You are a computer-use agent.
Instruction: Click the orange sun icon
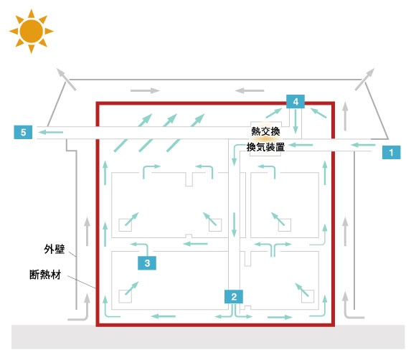[32, 31]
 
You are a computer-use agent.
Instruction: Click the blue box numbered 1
[391, 152]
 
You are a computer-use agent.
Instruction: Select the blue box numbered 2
[234, 297]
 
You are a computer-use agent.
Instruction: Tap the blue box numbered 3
[147, 263]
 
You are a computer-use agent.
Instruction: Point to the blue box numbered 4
[296, 101]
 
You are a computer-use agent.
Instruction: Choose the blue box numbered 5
[23, 132]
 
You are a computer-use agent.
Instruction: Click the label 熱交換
[265, 131]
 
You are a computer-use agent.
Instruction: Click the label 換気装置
[265, 147]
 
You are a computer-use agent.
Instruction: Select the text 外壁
[55, 249]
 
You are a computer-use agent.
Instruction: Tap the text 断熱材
[45, 275]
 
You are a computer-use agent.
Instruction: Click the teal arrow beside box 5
[50, 132]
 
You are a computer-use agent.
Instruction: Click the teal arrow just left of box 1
[363, 145]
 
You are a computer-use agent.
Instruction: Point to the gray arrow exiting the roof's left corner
[66, 79]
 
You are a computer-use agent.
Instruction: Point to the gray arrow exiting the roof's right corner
[365, 79]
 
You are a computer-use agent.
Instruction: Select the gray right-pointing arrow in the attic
[145, 91]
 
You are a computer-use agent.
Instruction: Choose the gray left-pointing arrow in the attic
[250, 91]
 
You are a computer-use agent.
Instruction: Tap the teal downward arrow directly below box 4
[296, 121]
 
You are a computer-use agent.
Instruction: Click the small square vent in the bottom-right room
[308, 296]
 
